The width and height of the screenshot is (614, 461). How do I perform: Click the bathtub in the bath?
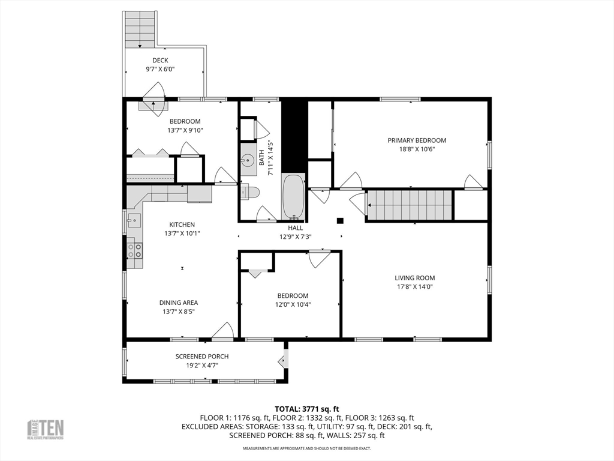pos(293,196)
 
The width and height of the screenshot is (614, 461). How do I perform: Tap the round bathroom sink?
pos(247,160)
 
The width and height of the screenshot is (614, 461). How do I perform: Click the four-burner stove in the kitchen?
pos(134,250)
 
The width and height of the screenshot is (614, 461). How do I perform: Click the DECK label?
pos(160,61)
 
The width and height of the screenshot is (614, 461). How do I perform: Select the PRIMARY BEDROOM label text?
pos(417,140)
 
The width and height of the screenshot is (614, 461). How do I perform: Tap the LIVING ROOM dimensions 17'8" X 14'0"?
pos(415,286)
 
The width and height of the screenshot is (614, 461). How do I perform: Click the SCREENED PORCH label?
pos(202,357)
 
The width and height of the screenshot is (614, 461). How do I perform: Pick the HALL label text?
pos(295,227)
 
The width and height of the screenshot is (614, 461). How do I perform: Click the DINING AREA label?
pos(179,303)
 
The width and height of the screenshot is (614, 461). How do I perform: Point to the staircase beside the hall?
pos(410,205)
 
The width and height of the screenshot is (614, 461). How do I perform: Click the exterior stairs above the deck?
pos(140,29)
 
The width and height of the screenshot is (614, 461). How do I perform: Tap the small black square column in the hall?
pos(341,221)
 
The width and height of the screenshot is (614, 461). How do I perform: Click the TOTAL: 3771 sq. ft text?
pos(306,409)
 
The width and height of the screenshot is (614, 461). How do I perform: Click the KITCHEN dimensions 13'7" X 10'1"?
pos(182,234)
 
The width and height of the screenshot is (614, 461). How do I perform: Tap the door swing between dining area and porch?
pos(223,331)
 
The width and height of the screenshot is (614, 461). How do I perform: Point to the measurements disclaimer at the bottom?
pos(307,448)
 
